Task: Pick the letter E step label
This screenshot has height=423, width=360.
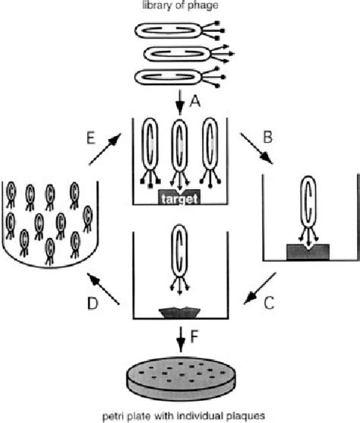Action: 90,139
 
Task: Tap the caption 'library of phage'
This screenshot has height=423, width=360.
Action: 179,7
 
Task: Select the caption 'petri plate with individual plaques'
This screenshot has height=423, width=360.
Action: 180,415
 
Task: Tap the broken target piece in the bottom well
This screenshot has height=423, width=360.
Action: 179,312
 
